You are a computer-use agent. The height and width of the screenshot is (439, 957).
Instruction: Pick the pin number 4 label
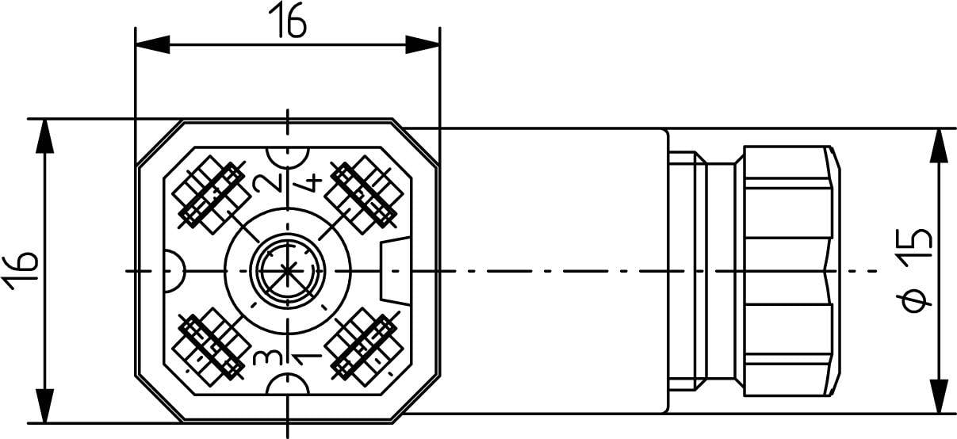click(309, 183)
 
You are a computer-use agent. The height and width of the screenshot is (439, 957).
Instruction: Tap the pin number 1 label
click(308, 357)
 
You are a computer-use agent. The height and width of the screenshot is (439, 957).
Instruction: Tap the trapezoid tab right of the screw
click(394, 271)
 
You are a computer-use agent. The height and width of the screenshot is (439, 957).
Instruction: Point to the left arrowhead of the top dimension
click(151, 44)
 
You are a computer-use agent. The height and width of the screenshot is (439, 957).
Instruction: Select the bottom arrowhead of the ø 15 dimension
click(939, 396)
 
